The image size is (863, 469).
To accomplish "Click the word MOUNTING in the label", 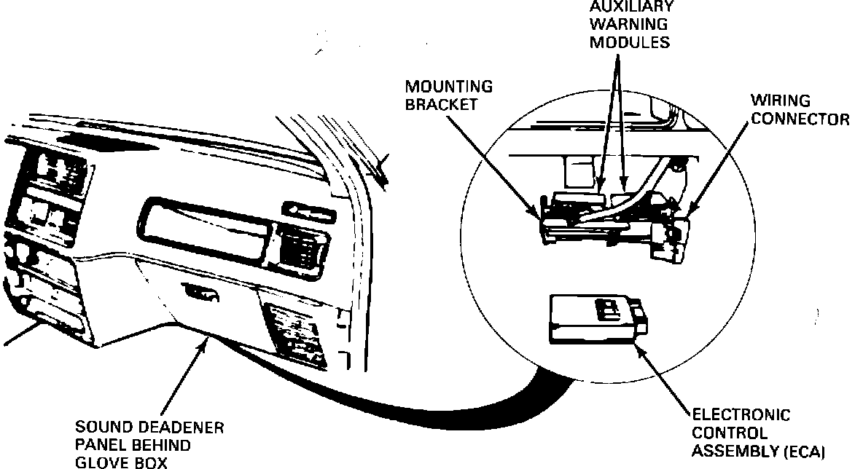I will (x=448, y=87).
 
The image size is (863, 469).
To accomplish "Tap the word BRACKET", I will (x=442, y=104).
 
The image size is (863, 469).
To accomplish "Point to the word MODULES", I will (x=630, y=42).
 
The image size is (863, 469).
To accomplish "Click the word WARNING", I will (x=630, y=24).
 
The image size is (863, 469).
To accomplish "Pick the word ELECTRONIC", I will (x=741, y=416).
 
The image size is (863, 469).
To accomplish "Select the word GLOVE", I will (x=102, y=462).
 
